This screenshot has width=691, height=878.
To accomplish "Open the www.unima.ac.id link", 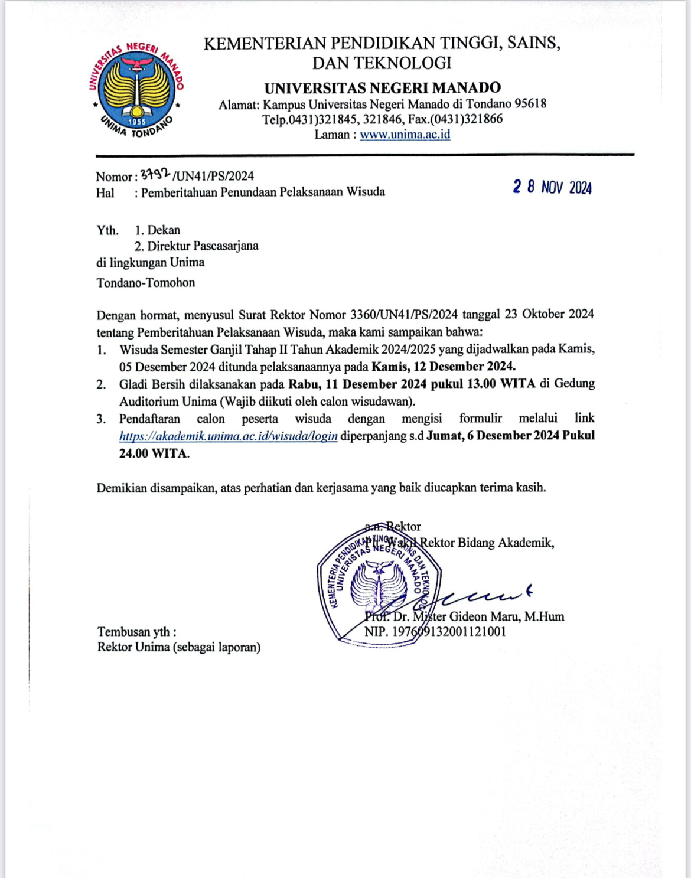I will click(x=405, y=135).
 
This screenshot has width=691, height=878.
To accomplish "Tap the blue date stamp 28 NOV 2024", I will click(x=552, y=187).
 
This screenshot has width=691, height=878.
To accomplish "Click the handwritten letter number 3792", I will click(x=155, y=174).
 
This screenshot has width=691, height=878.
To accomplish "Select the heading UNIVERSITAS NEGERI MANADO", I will click(x=382, y=88).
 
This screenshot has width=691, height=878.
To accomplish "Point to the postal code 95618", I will click(x=530, y=104).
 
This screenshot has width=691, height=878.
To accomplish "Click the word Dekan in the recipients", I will click(x=164, y=230).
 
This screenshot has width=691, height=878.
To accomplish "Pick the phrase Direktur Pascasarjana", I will click(x=203, y=246).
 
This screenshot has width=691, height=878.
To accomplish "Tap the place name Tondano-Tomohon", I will click(x=146, y=283).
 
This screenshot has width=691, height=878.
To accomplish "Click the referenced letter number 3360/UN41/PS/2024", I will click(x=404, y=314).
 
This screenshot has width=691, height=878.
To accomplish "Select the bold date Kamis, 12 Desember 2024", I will click(x=443, y=366).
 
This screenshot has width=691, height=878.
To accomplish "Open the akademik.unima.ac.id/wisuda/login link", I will click(x=229, y=436).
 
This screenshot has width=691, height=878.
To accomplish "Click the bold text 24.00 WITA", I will click(x=154, y=454).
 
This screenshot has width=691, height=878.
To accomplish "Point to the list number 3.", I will click(x=101, y=419).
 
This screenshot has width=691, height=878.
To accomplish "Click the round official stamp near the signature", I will click(x=379, y=585).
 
